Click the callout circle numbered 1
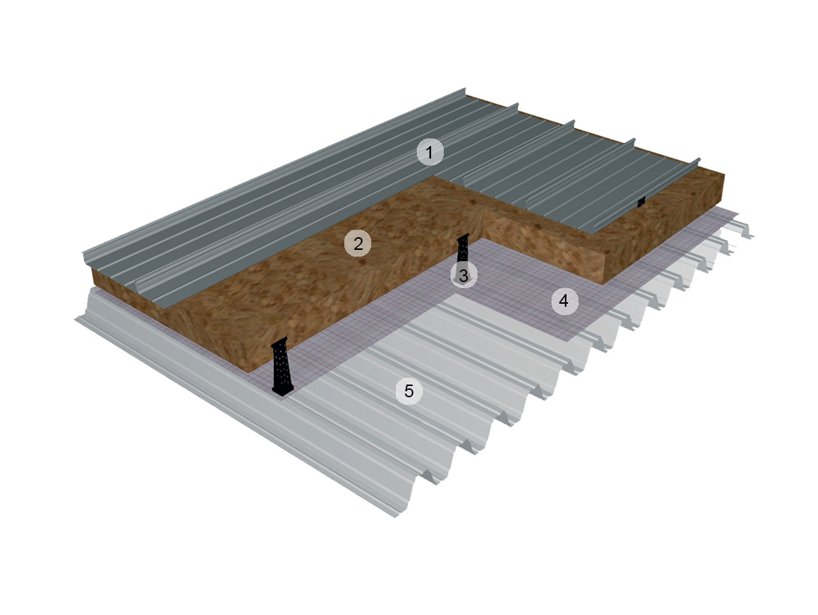pos(430,153)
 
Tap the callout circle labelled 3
pos(463,275)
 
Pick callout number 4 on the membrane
pos(564,302)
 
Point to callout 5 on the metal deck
pos(409,391)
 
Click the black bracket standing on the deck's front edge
pos(281,367)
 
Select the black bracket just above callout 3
pos(463,248)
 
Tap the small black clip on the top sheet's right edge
pos(641,201)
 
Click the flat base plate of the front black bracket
pos(282,390)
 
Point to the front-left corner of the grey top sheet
pos(83,258)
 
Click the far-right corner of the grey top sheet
pos(700,160)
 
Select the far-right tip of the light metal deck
pos(753,237)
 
